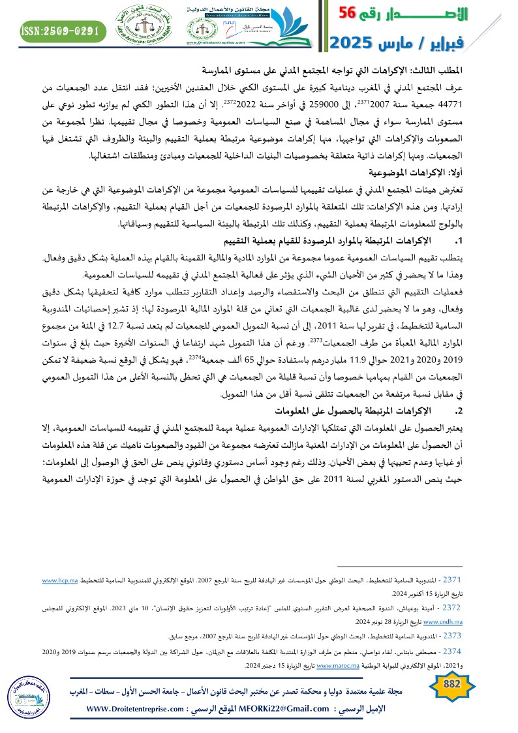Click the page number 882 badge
coord(451,683)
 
